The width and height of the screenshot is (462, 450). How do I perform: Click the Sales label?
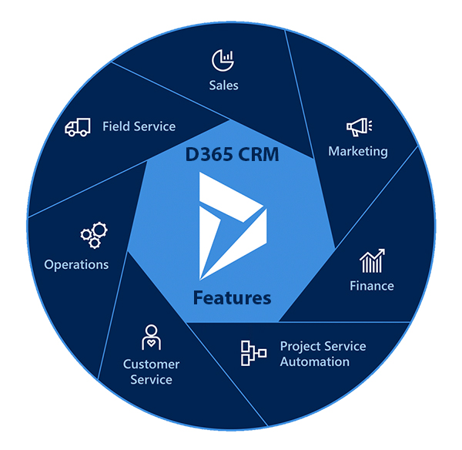223,85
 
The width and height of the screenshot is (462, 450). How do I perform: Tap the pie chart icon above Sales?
223,59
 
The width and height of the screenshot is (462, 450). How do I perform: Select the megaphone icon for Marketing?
359,127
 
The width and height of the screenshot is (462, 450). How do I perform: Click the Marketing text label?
358,151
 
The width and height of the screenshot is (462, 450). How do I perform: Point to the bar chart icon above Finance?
372,261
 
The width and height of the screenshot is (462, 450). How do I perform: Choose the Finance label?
372,286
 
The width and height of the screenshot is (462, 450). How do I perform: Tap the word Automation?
314,361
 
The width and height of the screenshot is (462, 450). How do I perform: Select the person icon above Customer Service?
151,337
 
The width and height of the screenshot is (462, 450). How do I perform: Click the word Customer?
151,364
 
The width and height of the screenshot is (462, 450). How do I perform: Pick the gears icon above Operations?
94,235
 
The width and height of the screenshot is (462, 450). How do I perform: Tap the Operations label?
76,264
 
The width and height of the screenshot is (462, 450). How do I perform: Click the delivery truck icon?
79,127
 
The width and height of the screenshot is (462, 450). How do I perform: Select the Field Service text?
139,126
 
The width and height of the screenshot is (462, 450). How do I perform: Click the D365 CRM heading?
232,154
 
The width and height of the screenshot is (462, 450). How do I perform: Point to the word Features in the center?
232,297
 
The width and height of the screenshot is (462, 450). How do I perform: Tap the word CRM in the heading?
258,154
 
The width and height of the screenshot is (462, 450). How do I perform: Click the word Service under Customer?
151,379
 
